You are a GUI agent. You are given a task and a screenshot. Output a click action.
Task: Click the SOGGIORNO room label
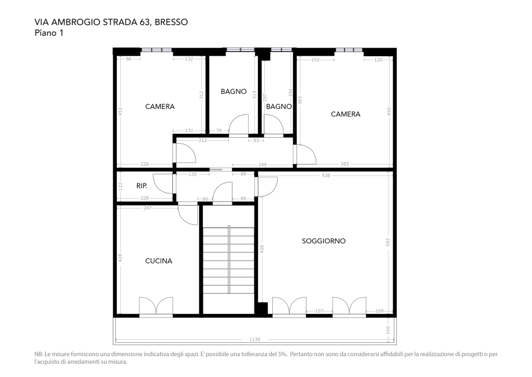click(x=324, y=241)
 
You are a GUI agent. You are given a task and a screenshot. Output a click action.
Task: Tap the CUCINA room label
click(x=158, y=261)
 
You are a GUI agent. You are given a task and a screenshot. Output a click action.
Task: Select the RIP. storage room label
click(x=142, y=186)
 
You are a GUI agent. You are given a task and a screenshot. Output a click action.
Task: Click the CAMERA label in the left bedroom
click(x=160, y=107)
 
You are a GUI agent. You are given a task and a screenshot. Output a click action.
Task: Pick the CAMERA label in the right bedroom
click(x=345, y=114)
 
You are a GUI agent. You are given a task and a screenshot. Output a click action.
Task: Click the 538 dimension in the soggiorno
click(x=326, y=175)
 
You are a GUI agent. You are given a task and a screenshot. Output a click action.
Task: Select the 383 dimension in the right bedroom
click(x=345, y=164)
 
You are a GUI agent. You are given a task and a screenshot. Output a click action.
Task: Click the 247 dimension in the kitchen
click(x=147, y=207)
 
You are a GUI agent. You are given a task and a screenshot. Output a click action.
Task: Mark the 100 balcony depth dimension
click(x=388, y=330)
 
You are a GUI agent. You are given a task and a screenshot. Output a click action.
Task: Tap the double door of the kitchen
click(x=156, y=306)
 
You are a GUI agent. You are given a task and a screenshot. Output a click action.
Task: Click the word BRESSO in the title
click(x=171, y=23)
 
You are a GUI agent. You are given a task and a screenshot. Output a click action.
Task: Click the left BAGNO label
click(x=234, y=91)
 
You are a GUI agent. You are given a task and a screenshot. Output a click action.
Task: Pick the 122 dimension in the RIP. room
click(x=120, y=186)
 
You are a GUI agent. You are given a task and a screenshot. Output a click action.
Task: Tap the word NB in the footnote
click(x=39, y=354)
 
